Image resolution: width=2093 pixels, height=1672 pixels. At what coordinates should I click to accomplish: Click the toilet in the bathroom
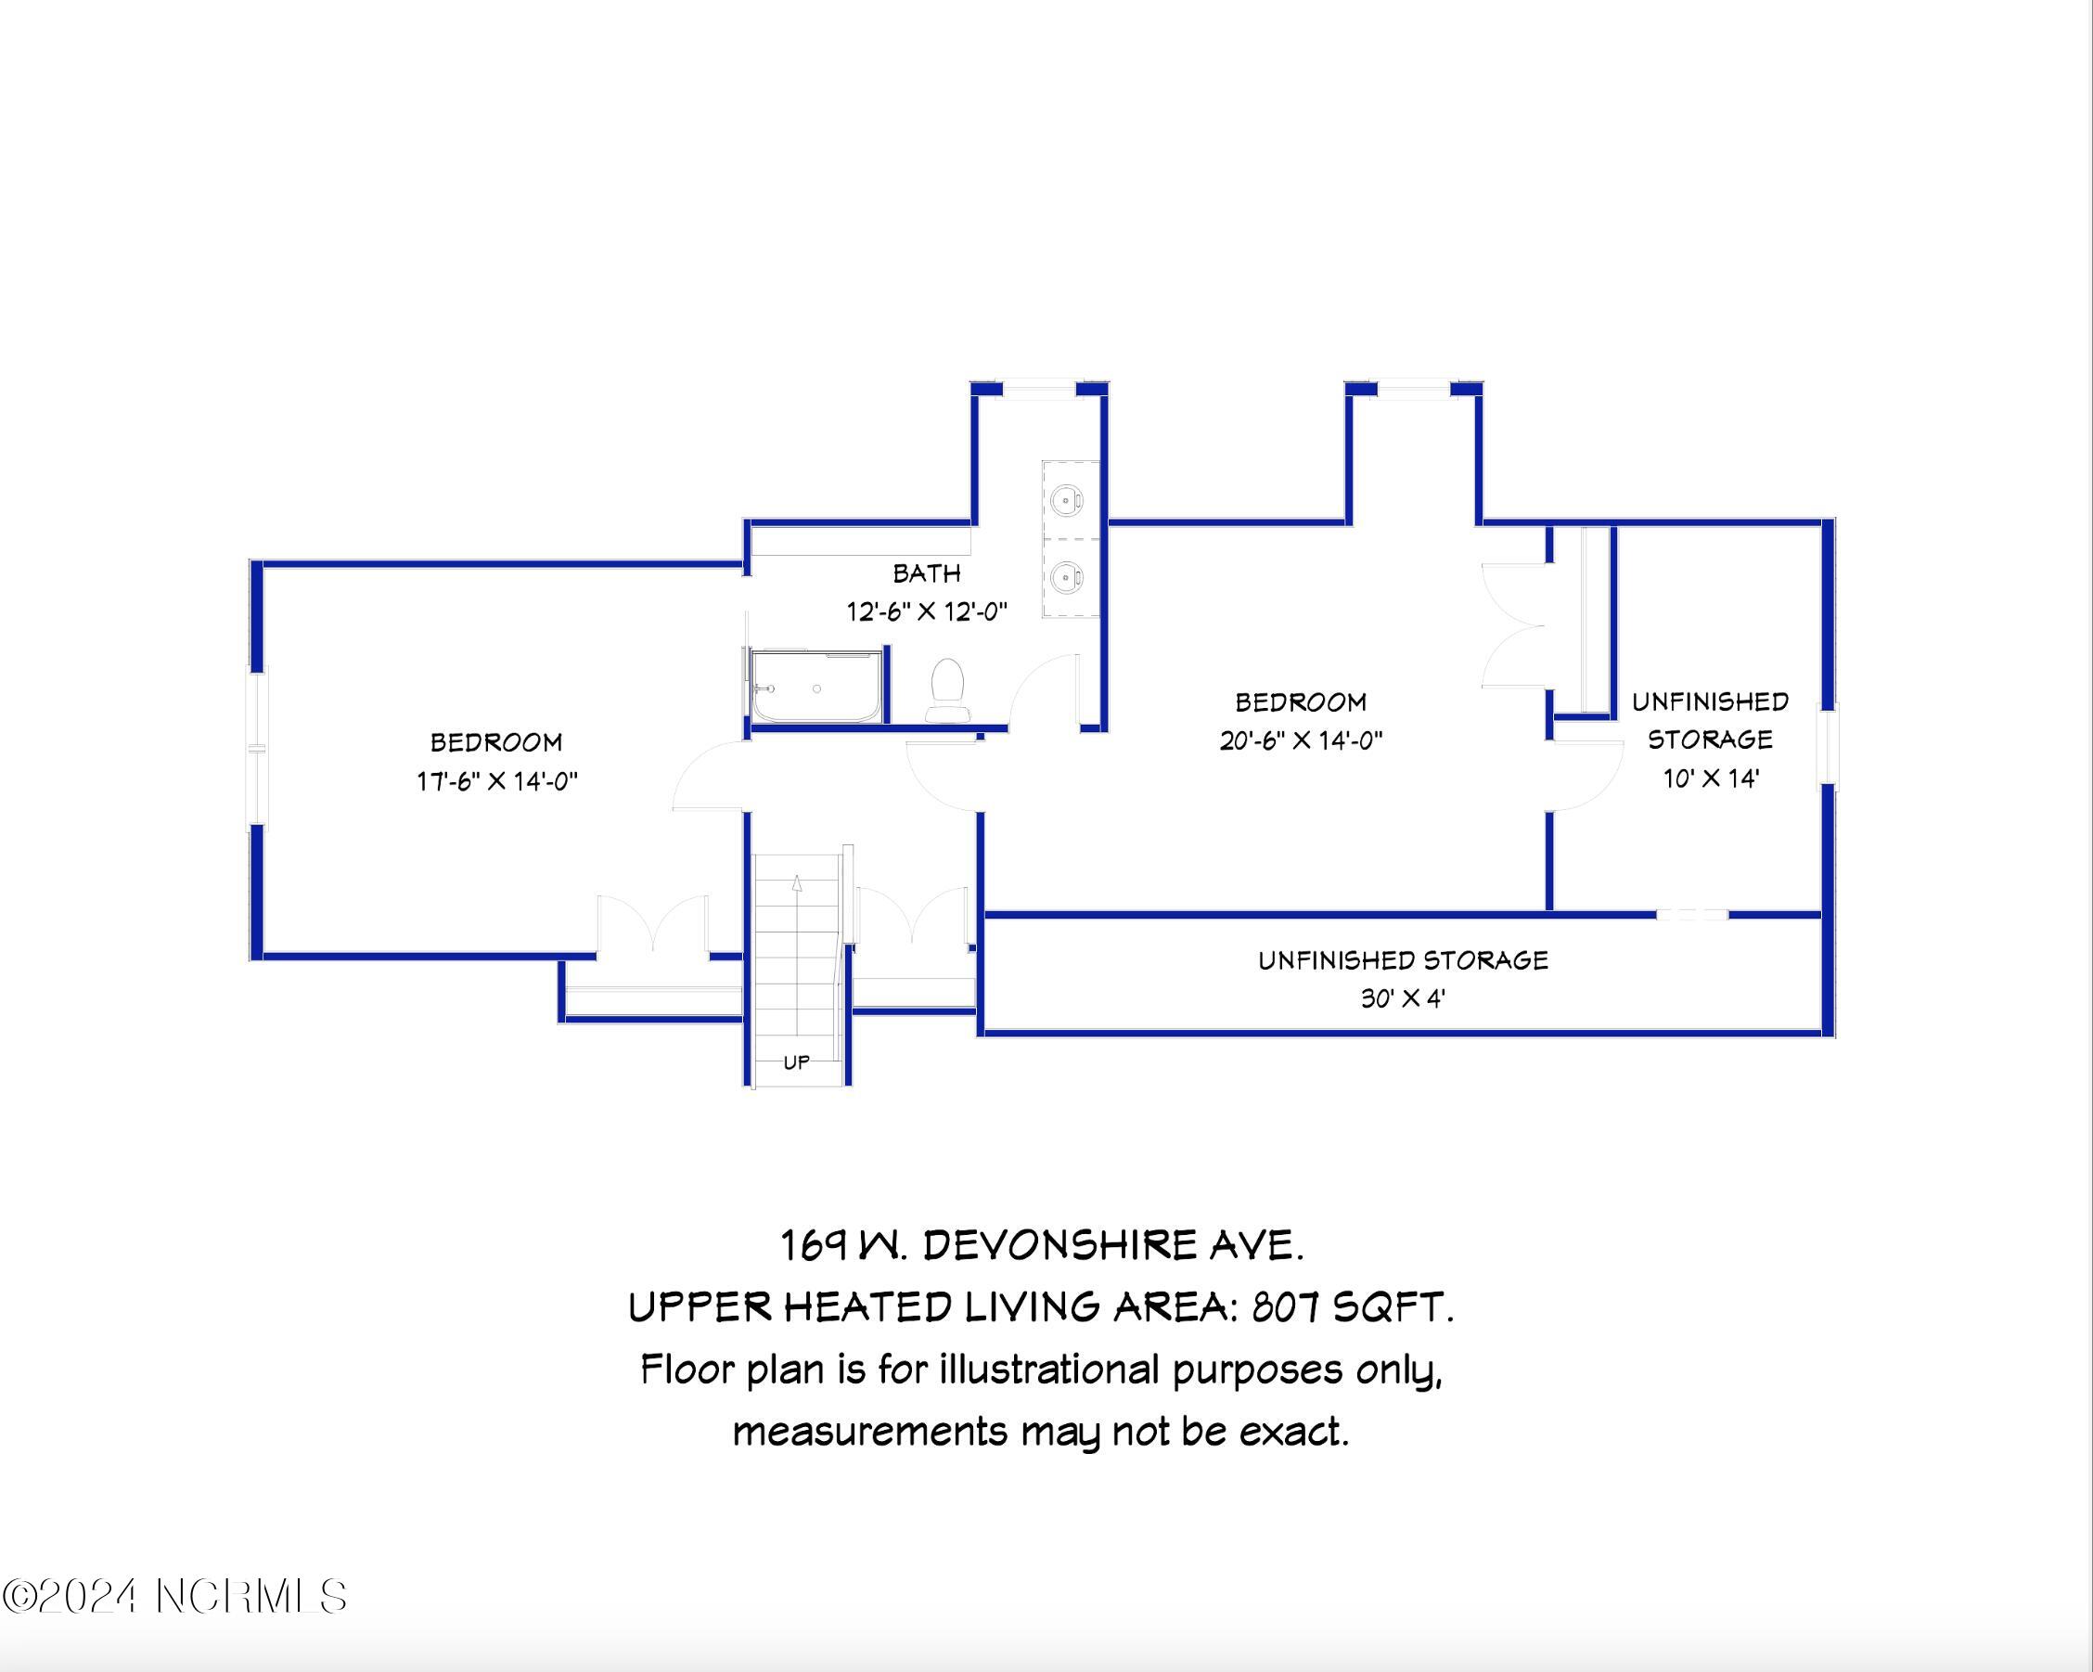tap(945, 689)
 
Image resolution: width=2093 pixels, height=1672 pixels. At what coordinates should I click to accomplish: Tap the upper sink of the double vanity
tap(1066, 501)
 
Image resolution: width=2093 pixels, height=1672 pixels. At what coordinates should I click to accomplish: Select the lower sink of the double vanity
tap(1066, 578)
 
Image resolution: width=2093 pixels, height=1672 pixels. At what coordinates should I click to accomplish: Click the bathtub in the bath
tap(817, 688)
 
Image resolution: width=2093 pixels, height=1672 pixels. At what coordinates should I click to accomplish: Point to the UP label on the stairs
tap(796, 1062)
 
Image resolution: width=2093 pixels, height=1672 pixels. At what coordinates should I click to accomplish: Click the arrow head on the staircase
tap(797, 882)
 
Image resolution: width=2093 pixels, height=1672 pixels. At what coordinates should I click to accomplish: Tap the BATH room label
tap(927, 573)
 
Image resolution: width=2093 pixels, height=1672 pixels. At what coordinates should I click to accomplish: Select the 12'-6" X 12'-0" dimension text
tap(927, 611)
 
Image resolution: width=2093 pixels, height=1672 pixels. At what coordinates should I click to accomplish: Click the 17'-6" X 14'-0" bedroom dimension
tap(497, 780)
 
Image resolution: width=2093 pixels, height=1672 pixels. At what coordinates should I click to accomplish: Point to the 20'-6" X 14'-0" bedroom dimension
tap(1301, 740)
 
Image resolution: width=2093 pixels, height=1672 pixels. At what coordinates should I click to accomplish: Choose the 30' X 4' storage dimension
tap(1403, 998)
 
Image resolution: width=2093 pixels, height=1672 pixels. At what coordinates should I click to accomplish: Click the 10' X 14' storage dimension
tap(1711, 778)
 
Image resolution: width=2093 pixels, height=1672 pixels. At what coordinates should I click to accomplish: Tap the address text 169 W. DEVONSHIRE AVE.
tap(1043, 1246)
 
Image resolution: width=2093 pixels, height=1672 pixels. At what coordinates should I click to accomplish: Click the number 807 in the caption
tap(1285, 1308)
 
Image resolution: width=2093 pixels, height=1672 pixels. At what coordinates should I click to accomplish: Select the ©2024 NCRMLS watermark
tap(174, 1597)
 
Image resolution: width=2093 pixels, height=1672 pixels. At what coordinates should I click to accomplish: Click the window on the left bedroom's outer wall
tap(257, 749)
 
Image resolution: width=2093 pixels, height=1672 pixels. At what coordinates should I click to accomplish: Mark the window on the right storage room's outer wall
tap(1828, 744)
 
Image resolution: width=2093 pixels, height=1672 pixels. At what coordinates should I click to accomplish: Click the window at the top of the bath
tap(1040, 389)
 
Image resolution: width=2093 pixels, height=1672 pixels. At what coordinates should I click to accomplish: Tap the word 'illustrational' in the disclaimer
tap(1048, 1370)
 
